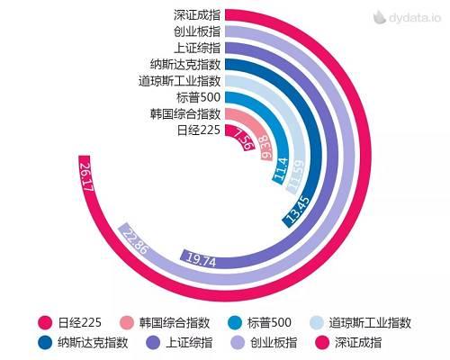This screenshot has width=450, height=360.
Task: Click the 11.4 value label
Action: coord(280,168)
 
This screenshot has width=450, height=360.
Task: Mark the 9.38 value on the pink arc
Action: coord(264,147)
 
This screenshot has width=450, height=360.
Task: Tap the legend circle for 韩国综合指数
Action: coord(127,322)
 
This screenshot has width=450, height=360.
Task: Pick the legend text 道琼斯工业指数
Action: coord(370,322)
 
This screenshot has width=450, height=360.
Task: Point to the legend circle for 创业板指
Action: coord(238,342)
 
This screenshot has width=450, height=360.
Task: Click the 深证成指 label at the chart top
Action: coord(197,14)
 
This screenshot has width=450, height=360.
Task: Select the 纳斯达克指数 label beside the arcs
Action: coord(186,64)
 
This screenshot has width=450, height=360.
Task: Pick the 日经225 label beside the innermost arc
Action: coord(198,130)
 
